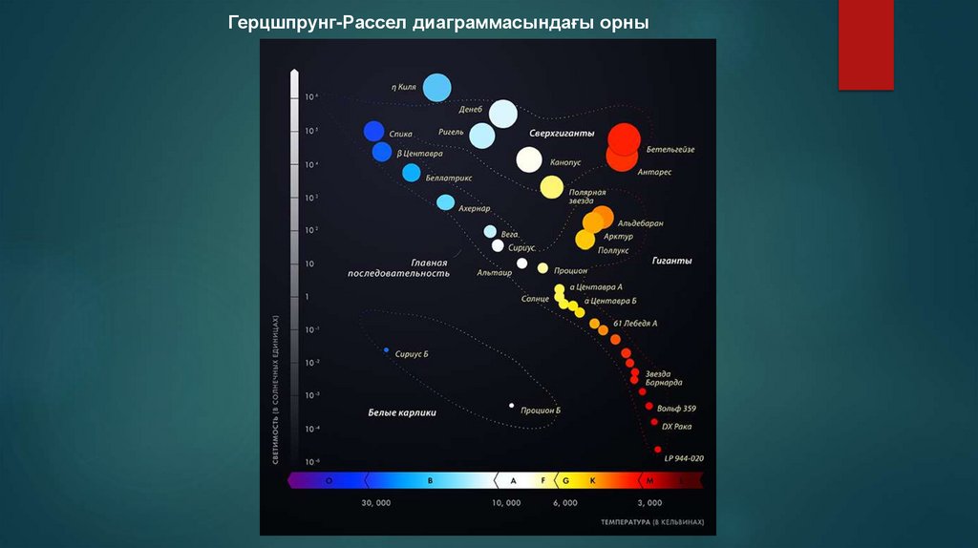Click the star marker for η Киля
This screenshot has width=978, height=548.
pos(437,88)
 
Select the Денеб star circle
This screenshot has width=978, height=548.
pos(503,114)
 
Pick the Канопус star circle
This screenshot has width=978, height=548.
pos(529,159)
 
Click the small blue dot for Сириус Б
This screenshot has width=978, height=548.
pos(387,350)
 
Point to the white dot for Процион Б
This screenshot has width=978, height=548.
pos(512,406)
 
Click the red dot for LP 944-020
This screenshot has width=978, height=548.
pos(657,449)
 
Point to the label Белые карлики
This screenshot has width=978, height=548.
pos(402,413)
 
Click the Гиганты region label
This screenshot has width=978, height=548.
pos(672,261)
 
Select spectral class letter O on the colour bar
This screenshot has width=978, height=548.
pos(329,482)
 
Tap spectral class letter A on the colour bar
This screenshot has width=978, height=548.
pos(513,482)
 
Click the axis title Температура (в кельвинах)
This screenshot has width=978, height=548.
pos(653,523)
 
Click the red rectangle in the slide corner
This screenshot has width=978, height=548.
pos(865,45)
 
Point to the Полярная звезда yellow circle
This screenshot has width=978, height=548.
pos(552,187)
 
